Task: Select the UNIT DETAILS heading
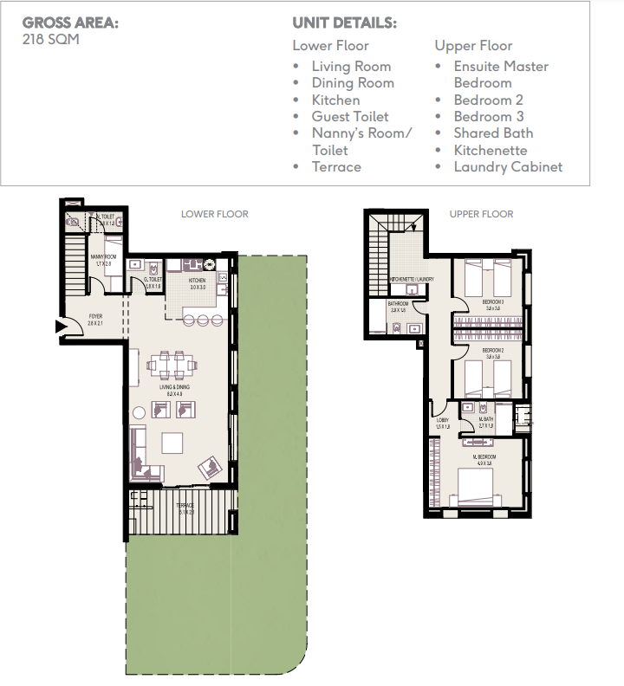(x=345, y=23)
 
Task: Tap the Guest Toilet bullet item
(x=349, y=116)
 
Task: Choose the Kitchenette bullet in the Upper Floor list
(x=490, y=150)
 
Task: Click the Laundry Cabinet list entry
(x=508, y=166)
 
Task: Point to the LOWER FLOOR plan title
(x=214, y=214)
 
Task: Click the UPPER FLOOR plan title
(x=481, y=214)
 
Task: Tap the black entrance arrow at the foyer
(x=61, y=327)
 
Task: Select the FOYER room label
(x=95, y=317)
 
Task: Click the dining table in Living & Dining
(x=170, y=365)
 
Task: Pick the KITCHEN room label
(x=198, y=281)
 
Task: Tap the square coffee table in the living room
(x=171, y=443)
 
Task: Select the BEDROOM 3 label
(x=494, y=301)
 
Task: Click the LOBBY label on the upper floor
(x=442, y=421)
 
